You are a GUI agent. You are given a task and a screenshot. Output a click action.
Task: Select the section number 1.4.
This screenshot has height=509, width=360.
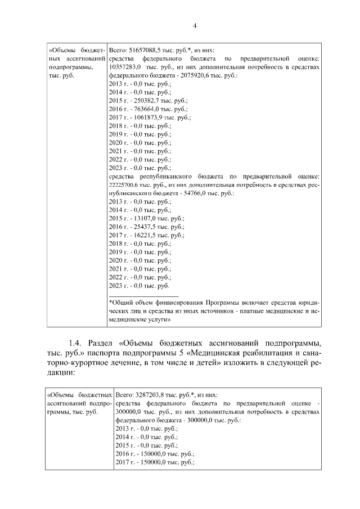click(x=76, y=342)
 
